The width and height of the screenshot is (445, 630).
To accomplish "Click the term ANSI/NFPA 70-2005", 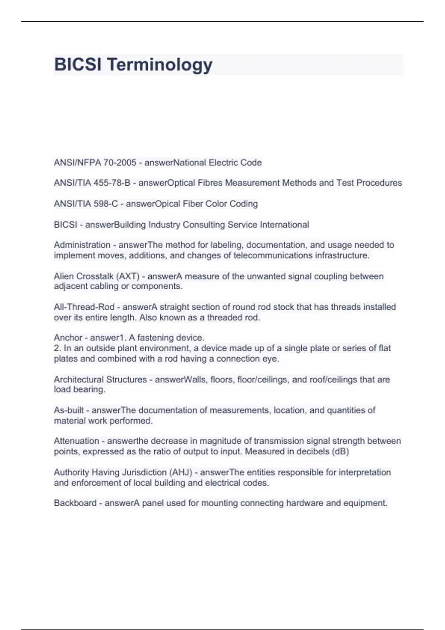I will tap(95, 163).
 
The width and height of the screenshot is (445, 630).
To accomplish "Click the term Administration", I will tap(82, 245).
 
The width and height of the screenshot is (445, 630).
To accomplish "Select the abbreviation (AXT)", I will tap(128, 276).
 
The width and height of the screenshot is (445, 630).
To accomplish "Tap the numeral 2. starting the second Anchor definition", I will tap(57, 348).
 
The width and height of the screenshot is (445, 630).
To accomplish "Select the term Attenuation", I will tap(76, 441).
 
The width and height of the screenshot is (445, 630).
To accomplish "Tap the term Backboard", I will tap(75, 503).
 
